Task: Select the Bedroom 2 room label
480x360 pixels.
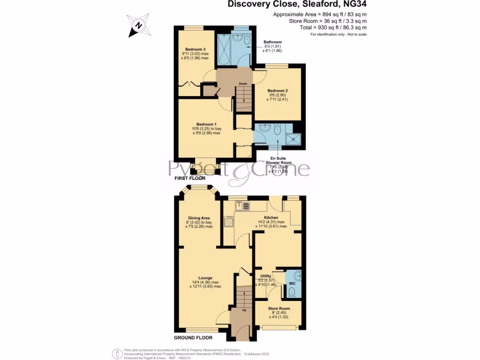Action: [x=277, y=90]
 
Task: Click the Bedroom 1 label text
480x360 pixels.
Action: [x=206, y=123]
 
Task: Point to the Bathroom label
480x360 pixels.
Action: [x=272, y=42]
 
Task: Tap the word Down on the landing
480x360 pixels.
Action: [x=243, y=84]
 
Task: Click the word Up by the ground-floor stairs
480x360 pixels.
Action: [x=244, y=310]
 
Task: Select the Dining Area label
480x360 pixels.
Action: [x=199, y=218]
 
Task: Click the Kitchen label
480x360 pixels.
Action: [x=271, y=218]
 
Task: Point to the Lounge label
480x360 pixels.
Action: [x=206, y=277]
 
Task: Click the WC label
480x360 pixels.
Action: [x=292, y=284]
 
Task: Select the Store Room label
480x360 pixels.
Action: [x=279, y=308]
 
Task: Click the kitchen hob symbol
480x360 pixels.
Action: [x=229, y=222]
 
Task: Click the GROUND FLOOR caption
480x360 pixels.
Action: [x=193, y=337]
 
